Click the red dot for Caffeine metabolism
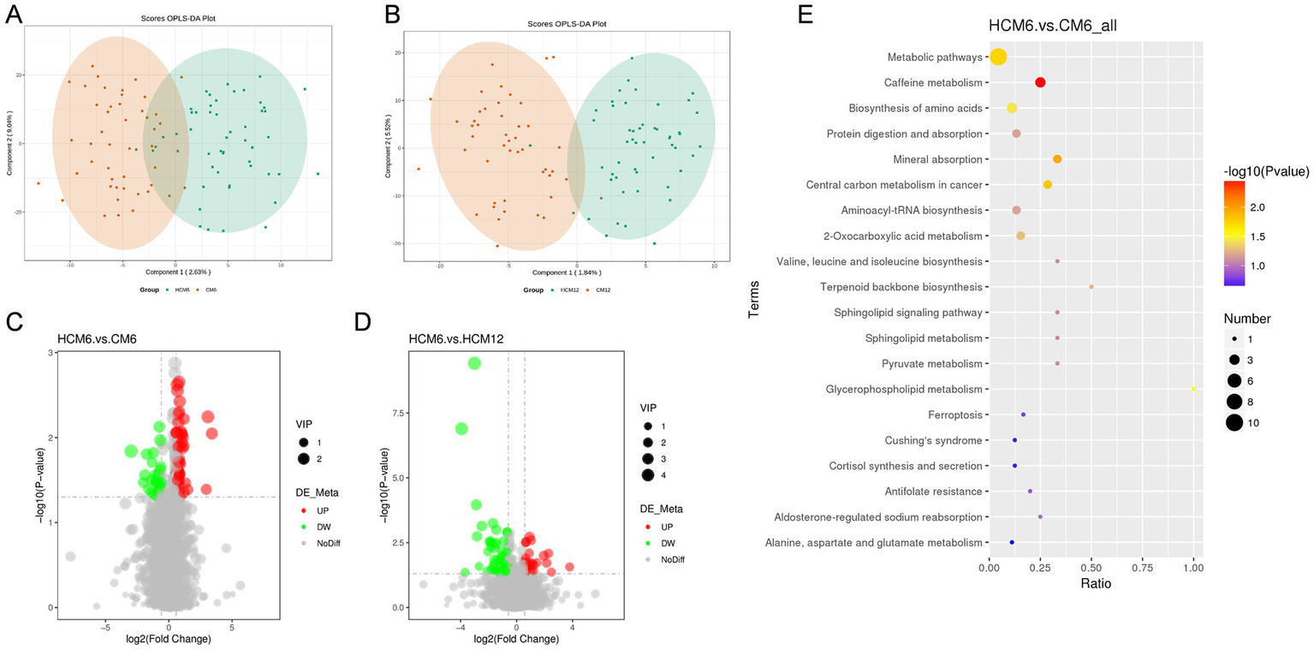(1040, 82)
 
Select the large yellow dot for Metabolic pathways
(998, 57)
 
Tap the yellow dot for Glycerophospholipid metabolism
(1193, 389)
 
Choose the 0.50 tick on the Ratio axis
(1091, 566)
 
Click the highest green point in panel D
(473, 363)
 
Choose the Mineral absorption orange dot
(1057, 159)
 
